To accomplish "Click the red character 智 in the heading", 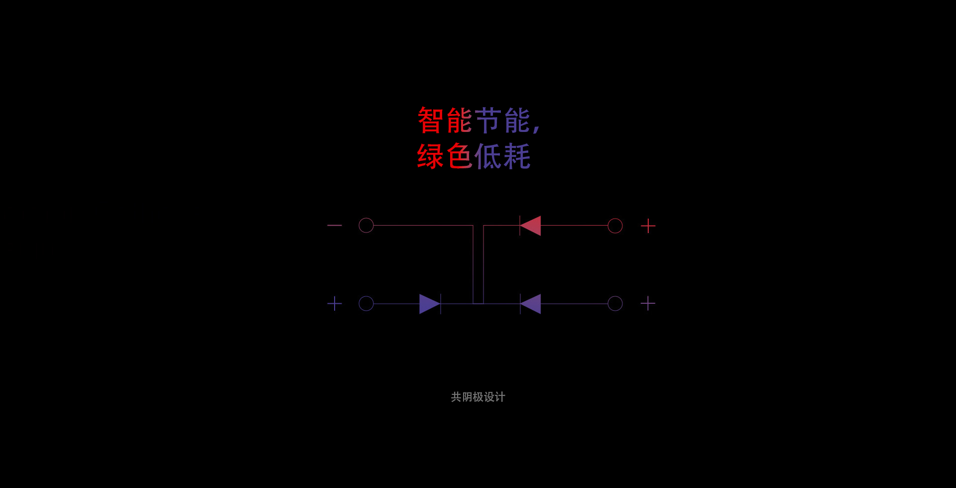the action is tap(430, 120).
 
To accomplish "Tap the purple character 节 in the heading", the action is tap(488, 120).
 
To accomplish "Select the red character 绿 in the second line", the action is tap(430, 156).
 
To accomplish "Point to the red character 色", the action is tap(459, 156).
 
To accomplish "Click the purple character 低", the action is tap(488, 156).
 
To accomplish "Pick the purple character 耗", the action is tap(517, 156).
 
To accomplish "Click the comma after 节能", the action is tap(536, 127).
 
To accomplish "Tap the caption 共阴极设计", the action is tap(478, 397).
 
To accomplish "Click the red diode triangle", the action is tap(530, 226).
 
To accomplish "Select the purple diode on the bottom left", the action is tap(430, 304).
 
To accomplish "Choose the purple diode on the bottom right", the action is tap(530, 304).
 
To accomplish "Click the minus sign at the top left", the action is tap(335, 226).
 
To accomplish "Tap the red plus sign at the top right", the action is tap(648, 226).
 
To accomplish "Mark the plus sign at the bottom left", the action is tap(335, 303).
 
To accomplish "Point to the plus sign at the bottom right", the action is tap(648, 303).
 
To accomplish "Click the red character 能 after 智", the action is tap(459, 120).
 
